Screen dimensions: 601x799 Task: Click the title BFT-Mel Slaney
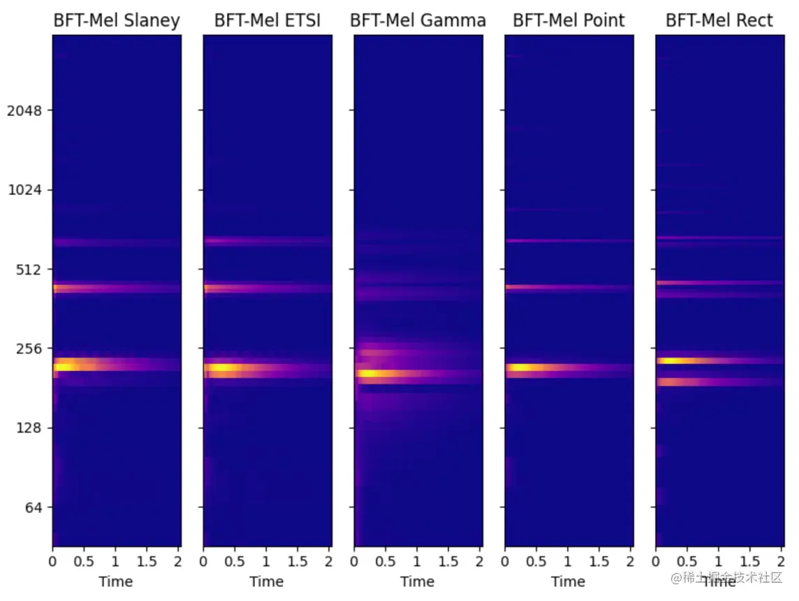point(117,21)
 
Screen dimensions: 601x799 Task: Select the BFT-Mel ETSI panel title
point(267,21)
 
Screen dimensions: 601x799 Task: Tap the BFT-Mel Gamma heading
point(418,21)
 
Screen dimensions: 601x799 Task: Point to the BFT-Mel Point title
point(569,21)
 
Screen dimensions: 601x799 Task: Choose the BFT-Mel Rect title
point(719,21)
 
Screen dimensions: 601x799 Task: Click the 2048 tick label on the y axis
point(24,110)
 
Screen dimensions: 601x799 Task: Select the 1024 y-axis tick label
point(24,190)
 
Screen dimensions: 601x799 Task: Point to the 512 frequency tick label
point(29,269)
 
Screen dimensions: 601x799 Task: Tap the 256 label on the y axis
point(29,348)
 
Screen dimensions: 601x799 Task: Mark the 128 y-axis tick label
point(29,428)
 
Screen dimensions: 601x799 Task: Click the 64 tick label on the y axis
point(32,507)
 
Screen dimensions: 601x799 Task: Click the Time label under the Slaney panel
point(116,581)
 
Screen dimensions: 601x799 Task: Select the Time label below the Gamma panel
point(418,581)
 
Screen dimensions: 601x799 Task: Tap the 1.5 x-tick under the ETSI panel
point(298,561)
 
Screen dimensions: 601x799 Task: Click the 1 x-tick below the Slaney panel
point(115,561)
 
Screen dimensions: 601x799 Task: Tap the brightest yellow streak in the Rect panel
point(674,361)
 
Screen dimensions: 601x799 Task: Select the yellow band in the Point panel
point(527,368)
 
